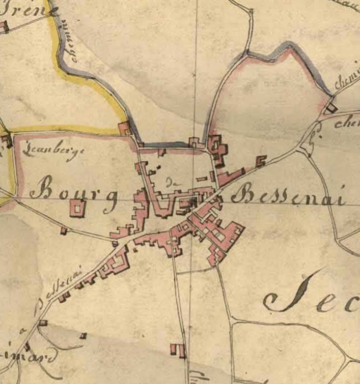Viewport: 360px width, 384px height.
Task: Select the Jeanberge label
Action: [50, 153]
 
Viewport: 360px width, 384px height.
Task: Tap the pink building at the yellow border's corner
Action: [125, 128]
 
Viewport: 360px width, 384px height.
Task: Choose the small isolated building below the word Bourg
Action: [64, 231]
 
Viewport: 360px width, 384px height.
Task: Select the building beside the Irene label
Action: [4, 26]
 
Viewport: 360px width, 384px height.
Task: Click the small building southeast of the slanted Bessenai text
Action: [83, 335]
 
